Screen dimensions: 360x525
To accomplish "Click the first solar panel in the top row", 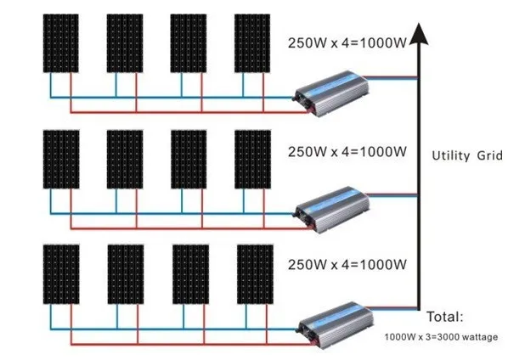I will [x=60, y=42].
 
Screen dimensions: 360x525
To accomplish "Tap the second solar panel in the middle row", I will [x=125, y=159].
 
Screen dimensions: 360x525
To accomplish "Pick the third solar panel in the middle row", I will [x=189, y=159].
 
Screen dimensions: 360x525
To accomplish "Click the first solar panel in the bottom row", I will [x=61, y=273].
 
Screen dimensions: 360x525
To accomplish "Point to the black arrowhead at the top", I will [x=417, y=34].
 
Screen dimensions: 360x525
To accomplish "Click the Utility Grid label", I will [x=467, y=155].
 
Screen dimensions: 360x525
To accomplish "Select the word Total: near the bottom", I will [x=445, y=317].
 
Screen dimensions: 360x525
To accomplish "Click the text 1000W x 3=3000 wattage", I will [x=440, y=337].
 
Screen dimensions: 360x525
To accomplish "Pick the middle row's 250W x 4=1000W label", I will [x=347, y=152].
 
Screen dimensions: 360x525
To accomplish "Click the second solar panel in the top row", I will [x=125, y=42].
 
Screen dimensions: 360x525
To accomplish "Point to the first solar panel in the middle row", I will [x=60, y=159].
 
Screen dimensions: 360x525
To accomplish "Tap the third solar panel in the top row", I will [x=188, y=42].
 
